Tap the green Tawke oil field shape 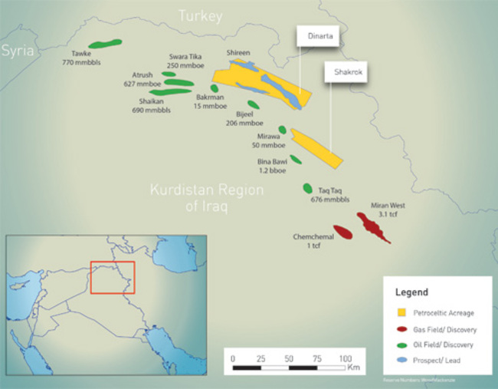coord(106,45)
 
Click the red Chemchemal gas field coord(342,230)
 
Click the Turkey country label coord(199,15)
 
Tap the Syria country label coord(18,51)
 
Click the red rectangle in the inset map coord(112,278)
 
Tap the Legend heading coord(411,292)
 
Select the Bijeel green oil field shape coord(253,104)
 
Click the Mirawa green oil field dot coord(282,130)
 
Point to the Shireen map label coord(238,52)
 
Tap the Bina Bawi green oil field coord(295,160)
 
